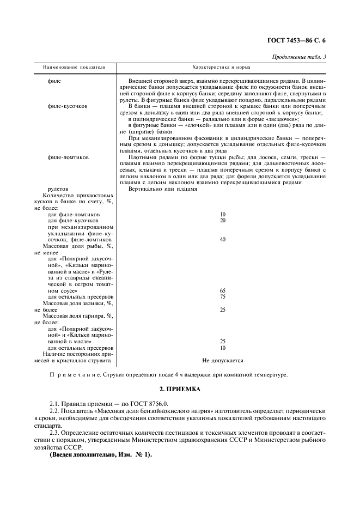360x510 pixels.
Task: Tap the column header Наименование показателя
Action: [71, 68]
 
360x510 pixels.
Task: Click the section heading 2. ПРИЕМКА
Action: [180, 390]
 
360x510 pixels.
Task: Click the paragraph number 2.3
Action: [54, 431]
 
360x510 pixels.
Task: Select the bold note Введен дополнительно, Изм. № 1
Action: [101, 454]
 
